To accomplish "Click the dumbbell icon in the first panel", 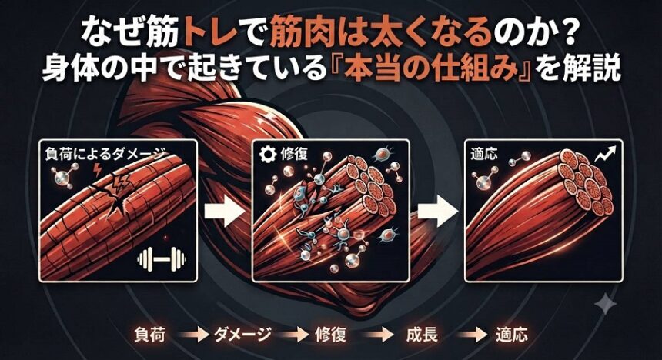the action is pos(162,258).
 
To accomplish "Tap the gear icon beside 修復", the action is pos(267,155).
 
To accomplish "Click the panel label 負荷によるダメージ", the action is pos(105,155).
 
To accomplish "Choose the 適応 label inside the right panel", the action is pos(483,155).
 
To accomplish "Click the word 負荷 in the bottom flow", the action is pos(150,335).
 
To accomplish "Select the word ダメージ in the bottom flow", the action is pos(242,335).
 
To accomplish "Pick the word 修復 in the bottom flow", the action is pos(330,335).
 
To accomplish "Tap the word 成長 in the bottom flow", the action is pos(421,335).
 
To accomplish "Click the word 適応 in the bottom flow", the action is pos(512,335).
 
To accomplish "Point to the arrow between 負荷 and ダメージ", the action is pos(193,335).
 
